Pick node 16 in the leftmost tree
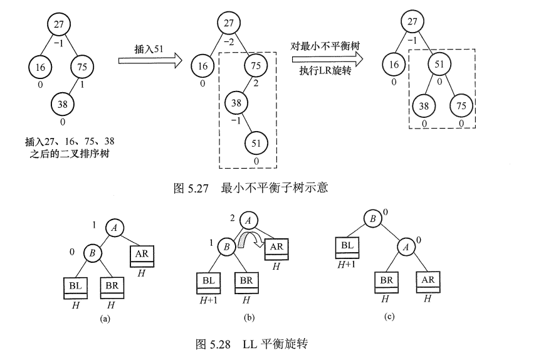tap(41, 65)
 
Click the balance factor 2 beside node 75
tap(256, 82)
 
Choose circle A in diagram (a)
tap(114, 228)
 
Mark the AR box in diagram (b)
tap(276, 248)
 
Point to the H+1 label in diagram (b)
tap(209, 300)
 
